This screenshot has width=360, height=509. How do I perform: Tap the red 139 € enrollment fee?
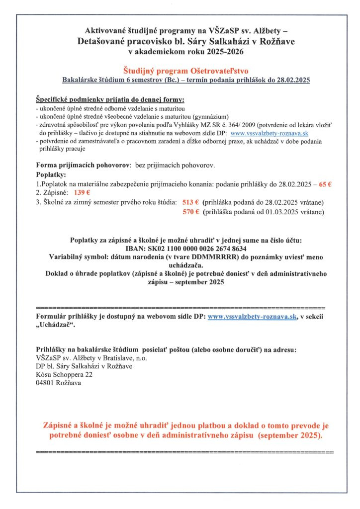(82, 193)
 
